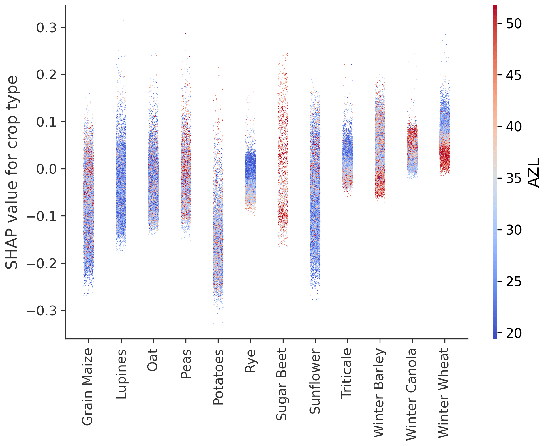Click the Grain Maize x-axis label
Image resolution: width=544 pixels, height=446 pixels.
click(88, 387)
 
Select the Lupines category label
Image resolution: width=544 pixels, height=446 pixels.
click(121, 374)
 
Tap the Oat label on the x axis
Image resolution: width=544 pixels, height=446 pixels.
click(153, 360)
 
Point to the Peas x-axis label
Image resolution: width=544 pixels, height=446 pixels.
click(186, 363)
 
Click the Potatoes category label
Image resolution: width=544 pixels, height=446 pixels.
click(218, 377)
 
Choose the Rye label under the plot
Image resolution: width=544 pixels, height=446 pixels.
click(250, 361)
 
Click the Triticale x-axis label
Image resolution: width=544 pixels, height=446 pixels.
click(347, 374)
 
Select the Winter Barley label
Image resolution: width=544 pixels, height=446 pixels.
click(380, 393)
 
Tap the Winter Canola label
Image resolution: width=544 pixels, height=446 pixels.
click(412, 394)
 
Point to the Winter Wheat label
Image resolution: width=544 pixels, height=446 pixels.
click(444, 393)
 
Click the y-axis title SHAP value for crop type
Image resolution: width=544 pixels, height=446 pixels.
click(12, 173)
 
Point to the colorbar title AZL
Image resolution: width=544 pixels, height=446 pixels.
click(534, 173)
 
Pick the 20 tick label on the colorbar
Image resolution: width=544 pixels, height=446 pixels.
click(514, 333)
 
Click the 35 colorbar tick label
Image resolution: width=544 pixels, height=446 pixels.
click(514, 179)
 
